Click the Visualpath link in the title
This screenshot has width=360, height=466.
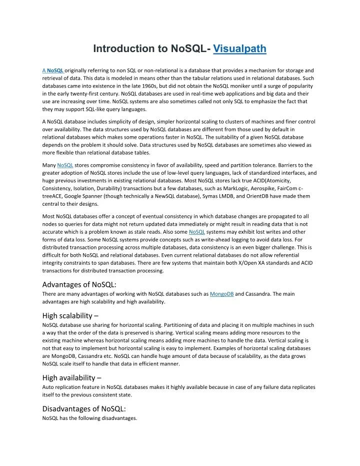(x=239, y=49)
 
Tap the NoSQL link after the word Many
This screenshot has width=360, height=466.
(x=65, y=165)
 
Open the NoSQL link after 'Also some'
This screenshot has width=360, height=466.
(x=197, y=232)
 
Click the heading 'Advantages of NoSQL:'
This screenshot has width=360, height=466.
(x=79, y=285)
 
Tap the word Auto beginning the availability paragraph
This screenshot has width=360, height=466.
(x=49, y=387)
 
